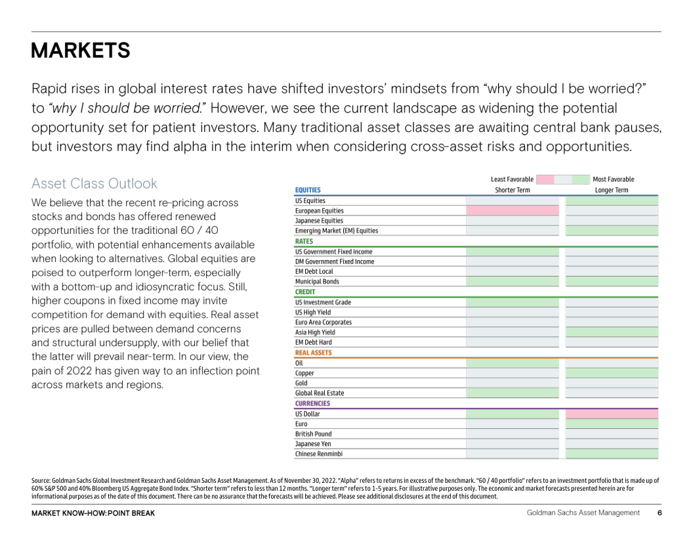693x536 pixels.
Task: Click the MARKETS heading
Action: (81, 51)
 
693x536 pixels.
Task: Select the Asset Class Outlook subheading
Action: (94, 183)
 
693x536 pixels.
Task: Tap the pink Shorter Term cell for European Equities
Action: (513, 211)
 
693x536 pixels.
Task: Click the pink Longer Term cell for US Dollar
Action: (612, 414)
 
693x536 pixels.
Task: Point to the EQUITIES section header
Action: (308, 190)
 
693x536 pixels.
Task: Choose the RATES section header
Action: (304, 241)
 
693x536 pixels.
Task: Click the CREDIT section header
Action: (305, 292)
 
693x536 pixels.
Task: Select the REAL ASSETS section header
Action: (314, 353)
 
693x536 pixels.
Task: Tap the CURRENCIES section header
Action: (312, 403)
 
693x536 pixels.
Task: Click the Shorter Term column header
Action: (513, 190)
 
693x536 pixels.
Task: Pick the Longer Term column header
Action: (612, 190)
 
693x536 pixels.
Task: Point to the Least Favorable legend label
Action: (512, 179)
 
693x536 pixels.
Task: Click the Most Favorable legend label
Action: (614, 179)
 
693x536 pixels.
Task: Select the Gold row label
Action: (301, 383)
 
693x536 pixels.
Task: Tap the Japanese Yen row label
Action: (313, 444)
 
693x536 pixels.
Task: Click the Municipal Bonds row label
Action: (317, 282)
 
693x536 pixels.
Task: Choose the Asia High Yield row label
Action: (315, 332)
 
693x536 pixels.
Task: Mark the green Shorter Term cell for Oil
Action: (513, 363)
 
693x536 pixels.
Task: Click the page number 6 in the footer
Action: (660, 513)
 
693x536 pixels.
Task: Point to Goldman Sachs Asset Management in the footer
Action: (583, 513)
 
